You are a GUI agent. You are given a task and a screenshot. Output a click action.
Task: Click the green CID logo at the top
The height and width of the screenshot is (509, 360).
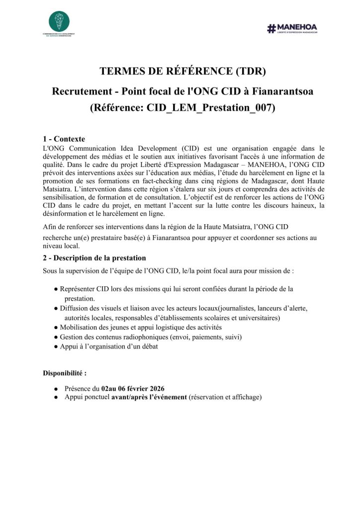59,22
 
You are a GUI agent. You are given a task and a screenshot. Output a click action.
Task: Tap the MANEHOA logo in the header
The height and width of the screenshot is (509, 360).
292,28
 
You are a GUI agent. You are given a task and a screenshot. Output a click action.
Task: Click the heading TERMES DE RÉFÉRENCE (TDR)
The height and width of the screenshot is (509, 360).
182,71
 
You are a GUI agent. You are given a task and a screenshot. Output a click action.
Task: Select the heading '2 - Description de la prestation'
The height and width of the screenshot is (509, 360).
94,258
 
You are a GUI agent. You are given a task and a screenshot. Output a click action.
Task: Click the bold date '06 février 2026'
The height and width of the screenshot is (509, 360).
140,388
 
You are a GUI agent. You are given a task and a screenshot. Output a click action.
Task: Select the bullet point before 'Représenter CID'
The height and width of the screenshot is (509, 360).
56,289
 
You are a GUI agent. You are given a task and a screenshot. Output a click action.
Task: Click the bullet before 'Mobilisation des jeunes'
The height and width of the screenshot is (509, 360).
56,327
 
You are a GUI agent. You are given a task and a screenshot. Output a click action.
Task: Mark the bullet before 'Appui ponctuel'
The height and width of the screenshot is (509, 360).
56,398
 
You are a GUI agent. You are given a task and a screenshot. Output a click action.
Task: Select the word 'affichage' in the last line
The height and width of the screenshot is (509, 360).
244,397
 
